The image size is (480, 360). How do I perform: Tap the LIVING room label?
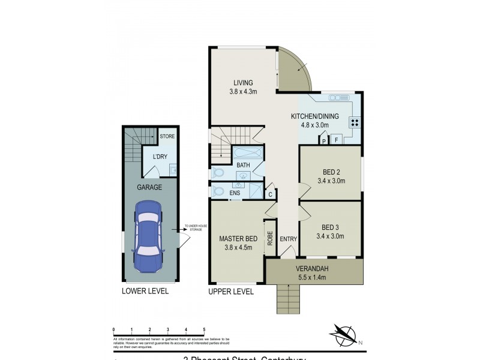(x=243, y=83)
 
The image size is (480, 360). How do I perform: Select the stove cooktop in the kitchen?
(x=355, y=122)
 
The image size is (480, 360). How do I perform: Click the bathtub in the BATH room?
(x=247, y=152)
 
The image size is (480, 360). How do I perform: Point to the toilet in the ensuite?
(x=218, y=192)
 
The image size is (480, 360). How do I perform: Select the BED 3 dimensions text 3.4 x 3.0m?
(x=331, y=236)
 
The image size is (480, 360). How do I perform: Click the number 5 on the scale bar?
(x=204, y=330)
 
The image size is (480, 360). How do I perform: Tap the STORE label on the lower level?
(x=167, y=137)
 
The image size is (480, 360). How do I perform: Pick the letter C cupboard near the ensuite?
(x=271, y=194)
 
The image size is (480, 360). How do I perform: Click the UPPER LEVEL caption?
(x=231, y=292)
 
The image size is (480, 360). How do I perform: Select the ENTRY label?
(x=289, y=239)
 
